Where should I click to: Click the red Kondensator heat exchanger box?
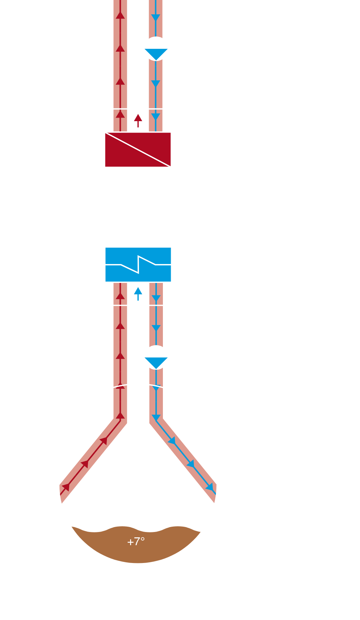tap(138, 150)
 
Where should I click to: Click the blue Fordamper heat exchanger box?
tap(138, 264)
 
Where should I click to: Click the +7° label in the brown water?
tap(136, 542)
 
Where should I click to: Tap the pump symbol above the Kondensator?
tap(156, 49)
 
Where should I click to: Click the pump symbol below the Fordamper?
tap(156, 358)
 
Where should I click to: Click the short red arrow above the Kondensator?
tap(138, 120)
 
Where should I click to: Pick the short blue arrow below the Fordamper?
tap(138, 294)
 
